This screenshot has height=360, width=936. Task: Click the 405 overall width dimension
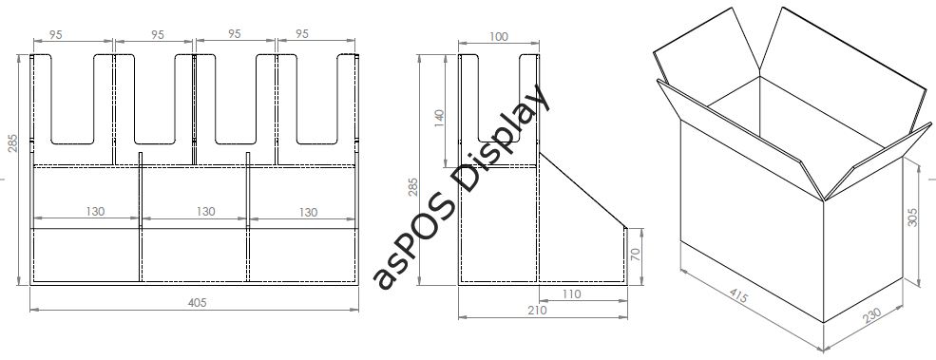click(197, 303)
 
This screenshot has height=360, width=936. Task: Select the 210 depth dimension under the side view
click(537, 311)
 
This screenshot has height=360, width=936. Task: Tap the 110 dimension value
click(571, 294)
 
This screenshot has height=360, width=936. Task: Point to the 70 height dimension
click(636, 254)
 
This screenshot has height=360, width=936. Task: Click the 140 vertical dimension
click(439, 120)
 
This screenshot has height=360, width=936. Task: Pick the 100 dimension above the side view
click(499, 36)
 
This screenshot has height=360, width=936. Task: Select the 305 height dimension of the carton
click(912, 217)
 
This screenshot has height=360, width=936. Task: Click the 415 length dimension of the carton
click(738, 295)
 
